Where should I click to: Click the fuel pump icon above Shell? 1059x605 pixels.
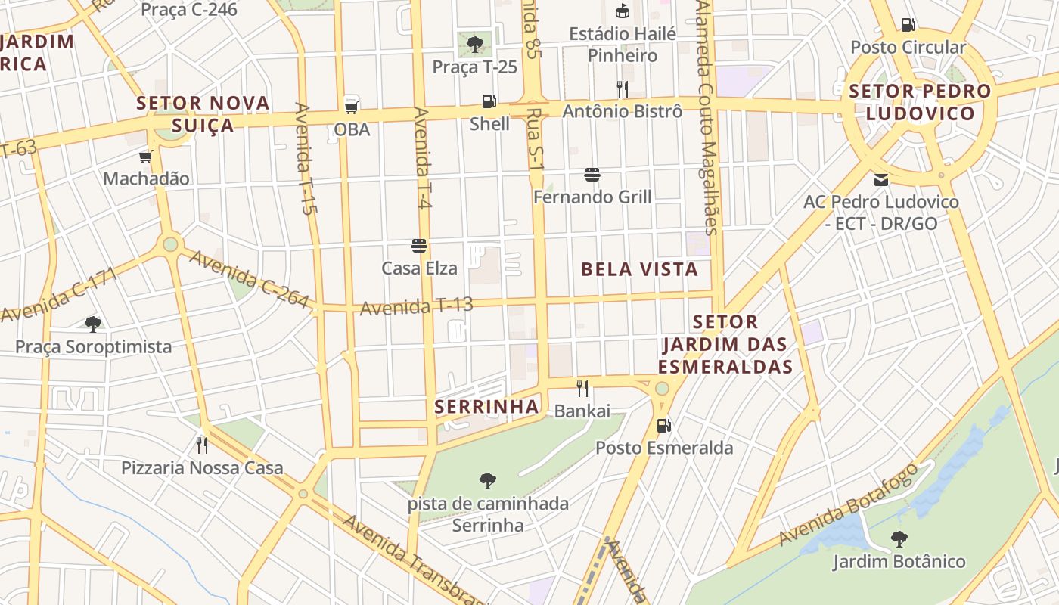point(489,101)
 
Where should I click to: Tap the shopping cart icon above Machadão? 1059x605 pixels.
point(145,157)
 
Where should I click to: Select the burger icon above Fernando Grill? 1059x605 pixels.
point(592,175)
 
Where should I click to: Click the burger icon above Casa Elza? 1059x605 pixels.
point(419,245)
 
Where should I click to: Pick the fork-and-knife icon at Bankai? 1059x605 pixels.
point(582,389)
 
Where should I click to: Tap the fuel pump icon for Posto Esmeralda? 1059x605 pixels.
point(663,425)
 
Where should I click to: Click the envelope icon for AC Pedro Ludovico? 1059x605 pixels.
point(881,180)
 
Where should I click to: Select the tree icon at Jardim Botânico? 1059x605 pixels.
point(899,539)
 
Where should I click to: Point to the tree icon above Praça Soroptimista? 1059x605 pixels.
point(93,324)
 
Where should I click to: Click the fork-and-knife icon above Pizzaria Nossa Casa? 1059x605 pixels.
point(202,445)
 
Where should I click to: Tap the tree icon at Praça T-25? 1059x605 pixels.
point(475,44)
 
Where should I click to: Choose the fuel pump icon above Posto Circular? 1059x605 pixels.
point(908,25)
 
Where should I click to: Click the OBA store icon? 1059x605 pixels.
point(352,106)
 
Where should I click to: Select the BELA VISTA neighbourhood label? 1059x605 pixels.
point(639,269)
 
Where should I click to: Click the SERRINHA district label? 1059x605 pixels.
point(486,407)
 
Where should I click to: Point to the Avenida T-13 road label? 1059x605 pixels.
point(416,306)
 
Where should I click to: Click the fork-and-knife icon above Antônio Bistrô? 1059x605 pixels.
point(622,89)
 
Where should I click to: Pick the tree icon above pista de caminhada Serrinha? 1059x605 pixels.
point(488,480)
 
